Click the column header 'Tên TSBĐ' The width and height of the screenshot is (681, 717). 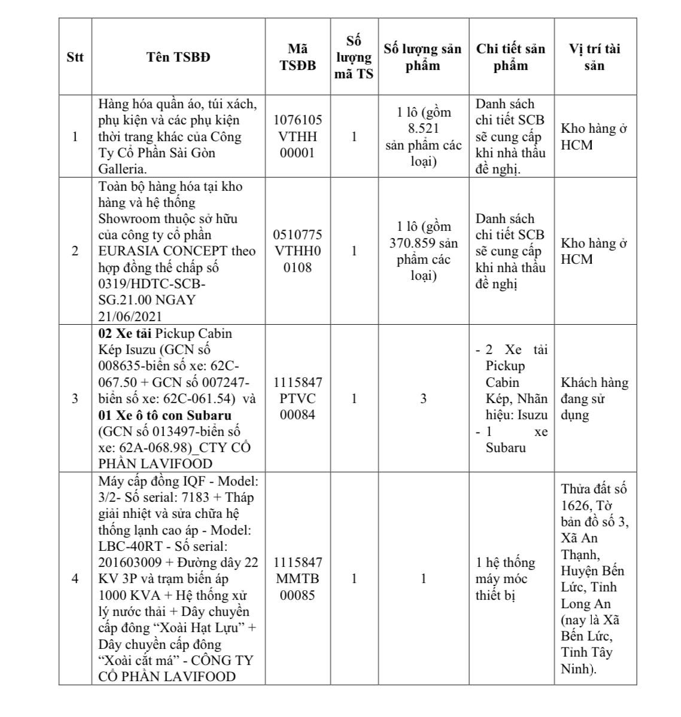[178, 57]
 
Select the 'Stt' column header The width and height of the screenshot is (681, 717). [75, 57]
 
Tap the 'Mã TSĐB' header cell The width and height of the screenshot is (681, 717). [297, 57]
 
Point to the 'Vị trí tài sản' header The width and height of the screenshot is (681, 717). [594, 57]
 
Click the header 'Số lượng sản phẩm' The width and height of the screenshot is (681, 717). [422, 57]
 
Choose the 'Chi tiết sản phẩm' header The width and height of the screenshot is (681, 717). [510, 57]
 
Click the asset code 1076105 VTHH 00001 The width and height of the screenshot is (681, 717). [297, 136]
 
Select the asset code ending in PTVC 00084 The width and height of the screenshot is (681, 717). [297, 398]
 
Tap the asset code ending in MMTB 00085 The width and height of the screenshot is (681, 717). [297, 579]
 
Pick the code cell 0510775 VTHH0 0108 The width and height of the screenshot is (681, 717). [297, 251]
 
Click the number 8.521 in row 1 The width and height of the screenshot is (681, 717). [423, 129]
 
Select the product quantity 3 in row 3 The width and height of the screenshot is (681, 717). [423, 398]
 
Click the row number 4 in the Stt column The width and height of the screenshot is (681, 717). [75, 579]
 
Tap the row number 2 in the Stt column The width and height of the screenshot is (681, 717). [75, 251]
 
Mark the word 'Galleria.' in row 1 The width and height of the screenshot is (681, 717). [123, 169]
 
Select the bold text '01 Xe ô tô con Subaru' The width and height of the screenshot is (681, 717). [165, 415]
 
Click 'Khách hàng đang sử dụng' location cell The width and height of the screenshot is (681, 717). [594, 398]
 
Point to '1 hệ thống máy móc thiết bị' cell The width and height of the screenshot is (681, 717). [506, 579]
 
